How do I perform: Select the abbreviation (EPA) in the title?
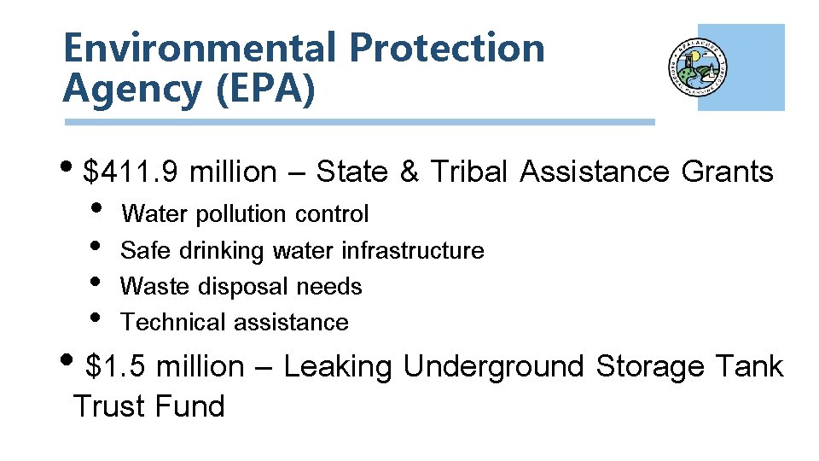coord(265,88)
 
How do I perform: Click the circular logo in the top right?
coord(698,67)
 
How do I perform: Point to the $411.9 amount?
coord(131,172)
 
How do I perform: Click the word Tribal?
coord(470,172)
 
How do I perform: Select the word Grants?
coord(727,172)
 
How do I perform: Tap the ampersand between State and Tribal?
coord(409,172)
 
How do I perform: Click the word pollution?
coord(242,214)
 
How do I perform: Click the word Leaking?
coord(338,368)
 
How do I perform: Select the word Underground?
coord(493,368)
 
